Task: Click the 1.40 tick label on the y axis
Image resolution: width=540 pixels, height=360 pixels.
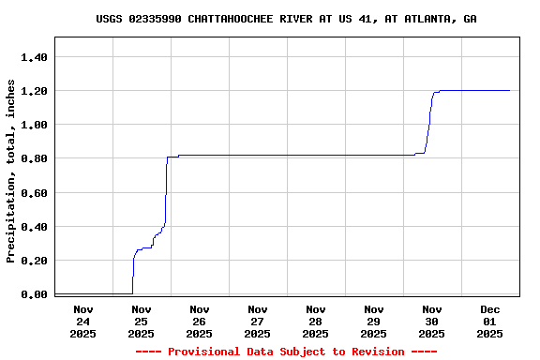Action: point(34,57)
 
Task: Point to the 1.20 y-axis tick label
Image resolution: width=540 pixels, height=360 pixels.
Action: point(34,91)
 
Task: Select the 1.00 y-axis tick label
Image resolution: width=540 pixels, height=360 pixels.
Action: point(34,125)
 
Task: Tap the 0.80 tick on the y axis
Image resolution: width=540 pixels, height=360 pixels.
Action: point(34,158)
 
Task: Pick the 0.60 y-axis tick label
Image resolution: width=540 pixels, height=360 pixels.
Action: point(34,193)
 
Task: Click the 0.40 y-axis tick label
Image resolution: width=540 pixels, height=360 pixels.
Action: point(34,227)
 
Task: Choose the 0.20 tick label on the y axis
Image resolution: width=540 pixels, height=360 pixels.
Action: point(34,261)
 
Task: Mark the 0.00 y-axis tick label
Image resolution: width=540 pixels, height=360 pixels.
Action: point(34,294)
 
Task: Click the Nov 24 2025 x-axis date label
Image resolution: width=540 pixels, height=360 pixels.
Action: point(82,321)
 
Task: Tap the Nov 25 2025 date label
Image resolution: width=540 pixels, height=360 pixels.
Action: point(141,321)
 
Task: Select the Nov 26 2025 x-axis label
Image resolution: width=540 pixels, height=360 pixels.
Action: point(199,321)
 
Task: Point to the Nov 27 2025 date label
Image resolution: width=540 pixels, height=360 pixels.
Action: point(257,321)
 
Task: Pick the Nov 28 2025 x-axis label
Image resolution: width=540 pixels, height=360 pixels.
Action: point(315,321)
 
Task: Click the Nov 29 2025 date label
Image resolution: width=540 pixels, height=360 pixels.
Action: point(373,321)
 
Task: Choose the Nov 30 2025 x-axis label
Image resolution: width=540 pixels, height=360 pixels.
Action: point(431,321)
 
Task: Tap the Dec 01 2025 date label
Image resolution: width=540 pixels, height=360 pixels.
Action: point(489,321)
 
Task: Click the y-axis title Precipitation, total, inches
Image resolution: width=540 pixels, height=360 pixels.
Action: point(11,172)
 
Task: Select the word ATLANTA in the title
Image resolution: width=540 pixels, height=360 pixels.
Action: point(427,19)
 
